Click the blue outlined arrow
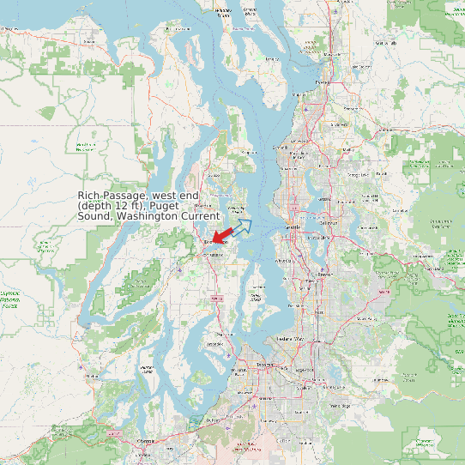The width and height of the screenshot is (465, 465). point(243,226)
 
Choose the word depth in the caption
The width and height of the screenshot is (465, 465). point(96,206)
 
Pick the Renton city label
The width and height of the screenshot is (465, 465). point(324,275)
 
